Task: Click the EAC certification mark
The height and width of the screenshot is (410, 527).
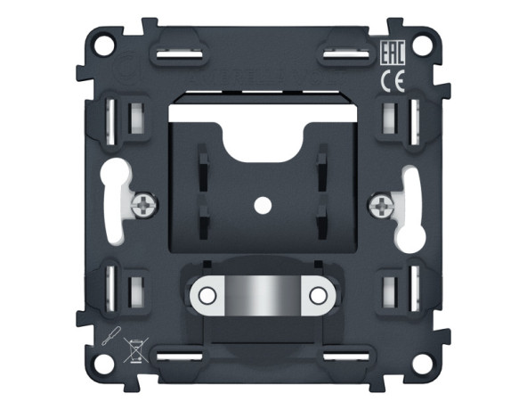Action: pos(393,53)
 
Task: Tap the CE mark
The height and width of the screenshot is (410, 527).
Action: pos(393,82)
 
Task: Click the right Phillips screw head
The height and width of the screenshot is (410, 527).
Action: pos(382,205)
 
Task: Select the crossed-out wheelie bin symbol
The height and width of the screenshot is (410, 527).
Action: pos(135,350)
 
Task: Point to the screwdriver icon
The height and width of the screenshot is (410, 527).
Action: pos(112,336)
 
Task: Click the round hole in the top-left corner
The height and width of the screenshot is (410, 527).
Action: pos(104,45)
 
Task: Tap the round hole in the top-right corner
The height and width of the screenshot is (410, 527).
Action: pos(423,45)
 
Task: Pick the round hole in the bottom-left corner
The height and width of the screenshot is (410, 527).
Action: pos(104,365)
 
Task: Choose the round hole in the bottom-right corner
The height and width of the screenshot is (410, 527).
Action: pos(423,365)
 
